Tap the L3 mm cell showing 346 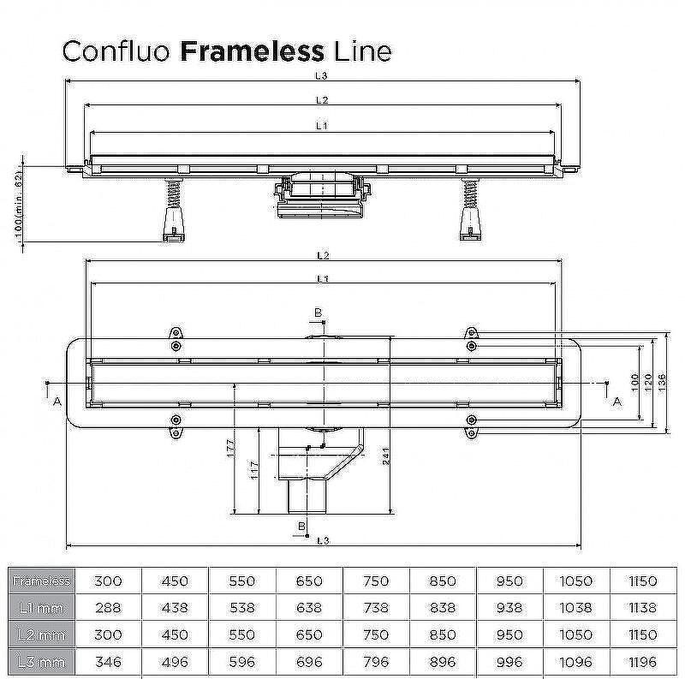coord(108,663)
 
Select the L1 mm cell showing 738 coord(376,608)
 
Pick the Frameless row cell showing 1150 coord(641,581)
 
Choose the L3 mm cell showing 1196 coord(641,663)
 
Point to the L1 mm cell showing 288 coord(108,608)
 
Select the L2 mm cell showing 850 coord(443,635)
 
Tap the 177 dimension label coord(231,450)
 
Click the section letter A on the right coord(616,401)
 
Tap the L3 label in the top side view coord(321,76)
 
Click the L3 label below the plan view coord(321,540)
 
